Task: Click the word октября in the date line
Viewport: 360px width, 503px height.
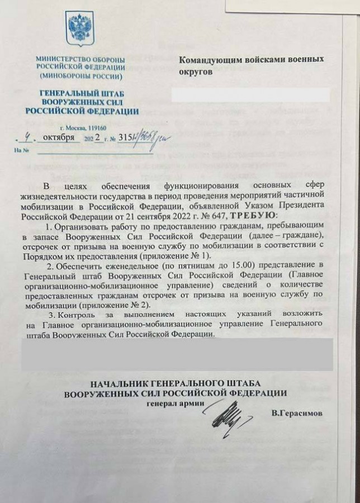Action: [60, 137]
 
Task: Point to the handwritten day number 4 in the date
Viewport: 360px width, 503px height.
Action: [27, 136]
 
